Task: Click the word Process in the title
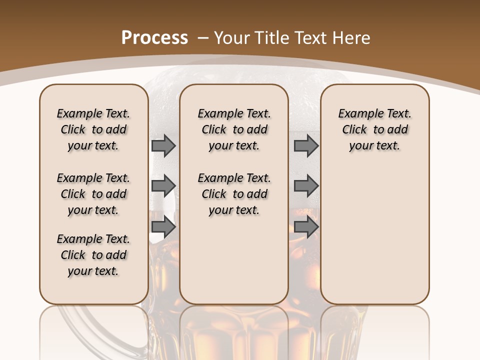154,37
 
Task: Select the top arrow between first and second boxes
163,145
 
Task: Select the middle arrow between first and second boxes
163,186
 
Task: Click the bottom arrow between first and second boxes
163,227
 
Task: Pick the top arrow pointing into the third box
306,145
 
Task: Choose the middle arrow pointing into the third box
306,186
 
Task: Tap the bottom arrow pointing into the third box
306,227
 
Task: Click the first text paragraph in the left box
93,129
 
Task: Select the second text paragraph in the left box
93,194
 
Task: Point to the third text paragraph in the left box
93,255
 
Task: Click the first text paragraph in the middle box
234,129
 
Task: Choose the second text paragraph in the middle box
234,194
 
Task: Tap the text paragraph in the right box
374,129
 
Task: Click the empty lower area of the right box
374,240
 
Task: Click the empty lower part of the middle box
234,265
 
